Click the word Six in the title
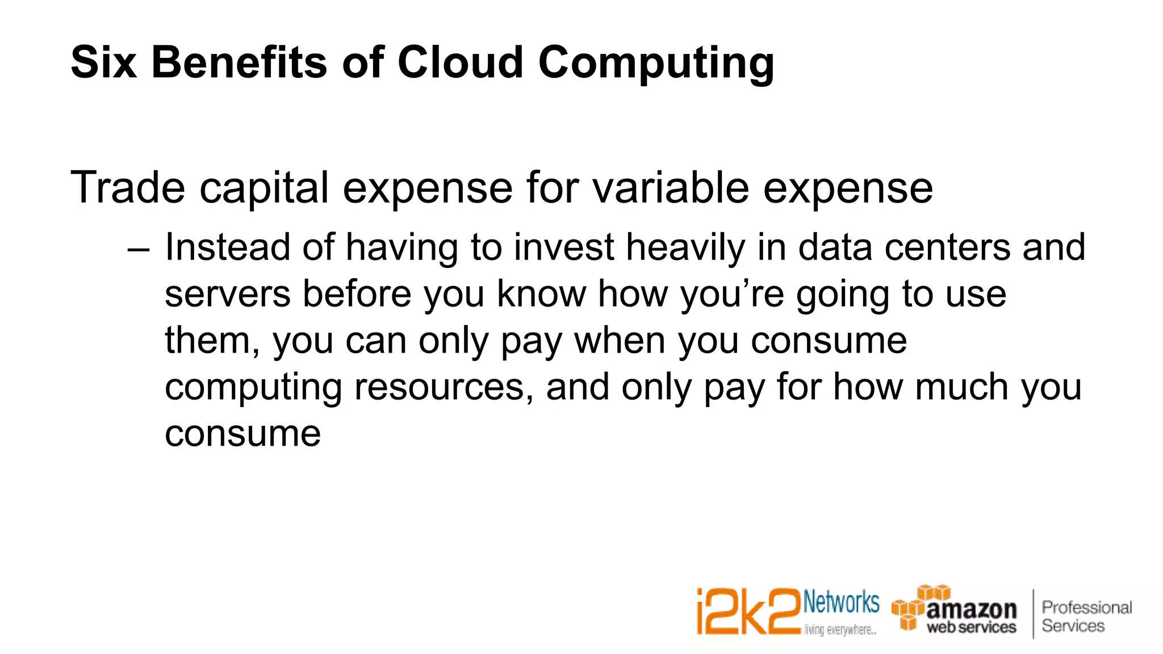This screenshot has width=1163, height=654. [x=103, y=62]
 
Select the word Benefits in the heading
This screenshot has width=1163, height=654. [x=239, y=62]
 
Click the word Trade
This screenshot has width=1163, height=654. [x=128, y=188]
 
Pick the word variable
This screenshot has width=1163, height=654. [x=671, y=188]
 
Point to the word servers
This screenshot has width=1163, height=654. [x=227, y=295]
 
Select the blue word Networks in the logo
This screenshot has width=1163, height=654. [x=841, y=602]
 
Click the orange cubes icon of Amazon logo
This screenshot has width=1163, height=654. [x=914, y=608]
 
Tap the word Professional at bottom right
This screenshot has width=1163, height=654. [x=1086, y=607]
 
